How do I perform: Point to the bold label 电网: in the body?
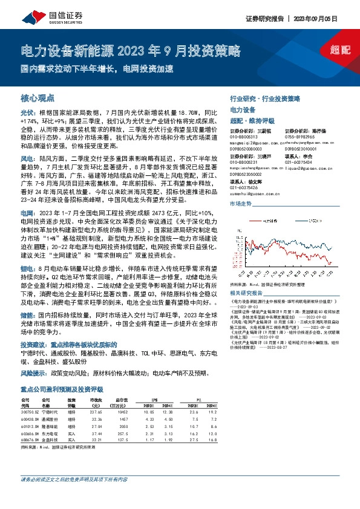pos(28,214)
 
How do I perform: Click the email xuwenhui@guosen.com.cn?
pos(250,193)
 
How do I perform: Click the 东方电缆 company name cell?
pos(50,433)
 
